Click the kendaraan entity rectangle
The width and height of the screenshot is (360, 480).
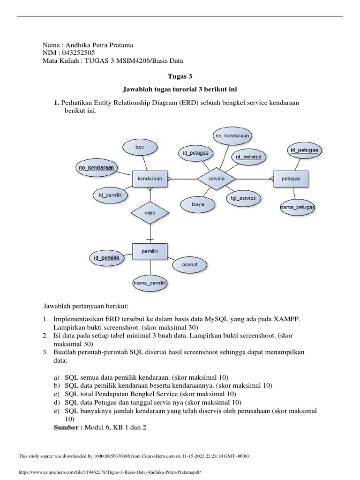tap(150, 179)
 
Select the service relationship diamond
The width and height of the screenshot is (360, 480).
tap(216, 179)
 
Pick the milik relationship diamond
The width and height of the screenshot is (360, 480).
tap(150, 212)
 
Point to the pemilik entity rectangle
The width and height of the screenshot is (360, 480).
tap(150, 252)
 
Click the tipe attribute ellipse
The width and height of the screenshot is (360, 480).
tap(140, 147)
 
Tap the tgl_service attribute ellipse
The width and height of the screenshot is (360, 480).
tap(243, 198)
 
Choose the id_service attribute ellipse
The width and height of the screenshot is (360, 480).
tap(248, 157)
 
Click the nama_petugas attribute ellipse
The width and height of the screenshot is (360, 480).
tap(297, 207)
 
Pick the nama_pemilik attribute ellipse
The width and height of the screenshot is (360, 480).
tap(150, 283)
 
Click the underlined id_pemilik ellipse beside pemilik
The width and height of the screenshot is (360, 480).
tap(106, 258)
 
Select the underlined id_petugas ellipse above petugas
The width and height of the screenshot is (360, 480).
tap(304, 150)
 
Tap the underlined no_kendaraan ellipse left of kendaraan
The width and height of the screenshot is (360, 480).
tap(97, 167)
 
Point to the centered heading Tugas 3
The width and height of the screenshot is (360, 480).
tap(180, 76)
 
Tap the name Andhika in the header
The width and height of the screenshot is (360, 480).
tap(77, 45)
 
